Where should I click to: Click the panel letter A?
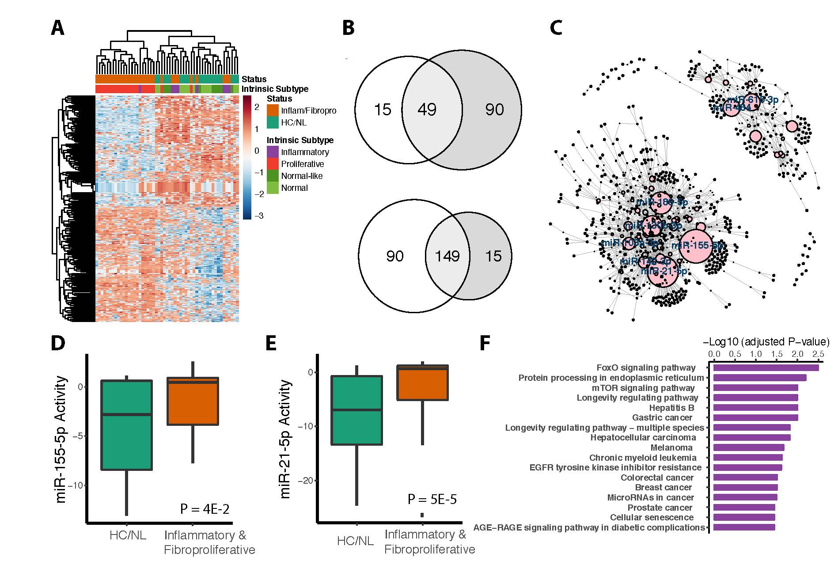tap(58, 28)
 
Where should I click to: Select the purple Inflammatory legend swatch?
tap(273, 152)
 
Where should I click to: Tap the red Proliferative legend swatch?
tap(273, 164)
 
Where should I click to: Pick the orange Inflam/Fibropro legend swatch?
tap(273, 110)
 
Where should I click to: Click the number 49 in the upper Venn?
tap(427, 110)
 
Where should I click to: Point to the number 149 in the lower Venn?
tap(447, 256)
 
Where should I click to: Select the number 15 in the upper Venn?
tap(383, 110)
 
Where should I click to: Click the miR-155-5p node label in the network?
tap(697, 246)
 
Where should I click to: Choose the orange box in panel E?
tap(423, 383)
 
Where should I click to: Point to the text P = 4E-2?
tap(205, 508)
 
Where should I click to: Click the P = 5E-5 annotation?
tap(432, 499)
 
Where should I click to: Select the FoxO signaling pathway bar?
tap(766, 368)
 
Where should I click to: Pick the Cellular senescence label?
tap(652, 517)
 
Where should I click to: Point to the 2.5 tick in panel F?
tap(818, 354)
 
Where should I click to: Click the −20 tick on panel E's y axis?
tap(306, 481)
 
